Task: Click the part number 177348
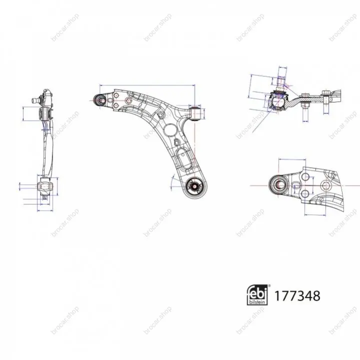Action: click(297, 296)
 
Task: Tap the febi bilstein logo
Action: click(258, 295)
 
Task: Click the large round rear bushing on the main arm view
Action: click(195, 187)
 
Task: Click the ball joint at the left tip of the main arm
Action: click(100, 100)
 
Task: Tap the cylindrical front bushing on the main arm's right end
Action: click(197, 113)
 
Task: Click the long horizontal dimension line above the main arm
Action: click(147, 85)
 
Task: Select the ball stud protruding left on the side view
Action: click(36, 100)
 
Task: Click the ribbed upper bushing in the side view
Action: click(45, 114)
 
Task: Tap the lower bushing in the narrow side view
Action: click(45, 186)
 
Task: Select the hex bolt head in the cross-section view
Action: click(325, 93)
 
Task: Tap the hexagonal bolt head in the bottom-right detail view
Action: click(326, 185)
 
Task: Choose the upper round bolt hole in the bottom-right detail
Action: click(305, 177)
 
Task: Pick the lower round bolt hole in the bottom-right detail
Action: click(305, 194)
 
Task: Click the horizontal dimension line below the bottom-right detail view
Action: click(315, 215)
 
